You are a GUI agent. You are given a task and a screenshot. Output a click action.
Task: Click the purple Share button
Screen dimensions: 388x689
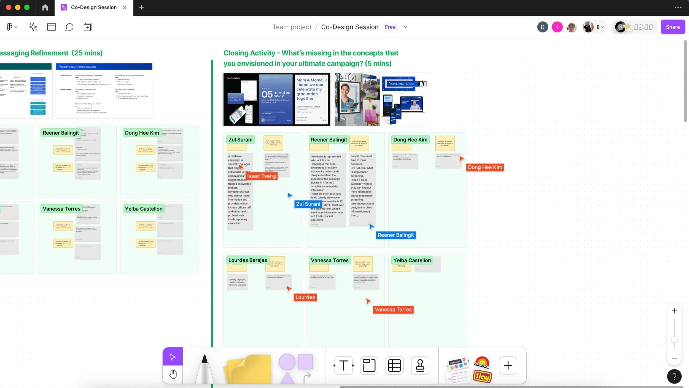click(x=672, y=27)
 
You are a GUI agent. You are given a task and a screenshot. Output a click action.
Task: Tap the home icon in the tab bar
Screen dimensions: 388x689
click(x=45, y=7)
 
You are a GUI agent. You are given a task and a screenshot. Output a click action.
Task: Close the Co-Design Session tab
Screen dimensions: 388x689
click(x=125, y=7)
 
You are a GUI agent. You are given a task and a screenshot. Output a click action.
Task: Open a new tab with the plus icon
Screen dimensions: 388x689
click(x=141, y=7)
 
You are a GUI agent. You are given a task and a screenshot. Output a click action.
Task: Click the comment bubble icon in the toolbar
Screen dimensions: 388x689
click(x=69, y=27)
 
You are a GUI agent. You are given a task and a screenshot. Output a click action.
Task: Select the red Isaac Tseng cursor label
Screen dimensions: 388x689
click(x=261, y=176)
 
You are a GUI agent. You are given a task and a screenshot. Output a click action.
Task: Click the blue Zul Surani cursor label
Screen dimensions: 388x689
click(x=308, y=204)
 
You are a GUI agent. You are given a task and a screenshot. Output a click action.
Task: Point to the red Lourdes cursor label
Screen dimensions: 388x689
click(x=305, y=297)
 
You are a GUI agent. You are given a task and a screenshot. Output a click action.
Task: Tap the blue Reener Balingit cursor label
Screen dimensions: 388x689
click(x=395, y=235)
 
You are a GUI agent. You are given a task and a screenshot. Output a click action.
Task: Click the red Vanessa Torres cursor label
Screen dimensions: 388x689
click(x=393, y=310)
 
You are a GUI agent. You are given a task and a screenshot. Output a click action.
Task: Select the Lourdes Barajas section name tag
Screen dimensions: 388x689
click(x=247, y=260)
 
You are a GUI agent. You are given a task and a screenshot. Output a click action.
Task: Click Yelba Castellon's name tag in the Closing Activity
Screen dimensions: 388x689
click(x=412, y=260)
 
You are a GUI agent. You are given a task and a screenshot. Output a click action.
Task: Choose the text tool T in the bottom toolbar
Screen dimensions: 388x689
click(x=343, y=365)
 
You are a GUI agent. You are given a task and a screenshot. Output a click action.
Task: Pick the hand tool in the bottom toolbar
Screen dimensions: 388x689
click(x=173, y=374)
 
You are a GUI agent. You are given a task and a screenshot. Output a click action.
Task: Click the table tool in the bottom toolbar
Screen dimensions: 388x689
click(x=394, y=365)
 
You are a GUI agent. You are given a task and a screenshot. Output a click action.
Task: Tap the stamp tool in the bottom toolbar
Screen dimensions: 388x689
click(x=420, y=365)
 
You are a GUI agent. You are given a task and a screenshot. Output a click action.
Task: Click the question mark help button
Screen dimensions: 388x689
click(x=674, y=376)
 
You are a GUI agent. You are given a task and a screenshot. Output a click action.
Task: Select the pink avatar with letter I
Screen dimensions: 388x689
click(x=557, y=27)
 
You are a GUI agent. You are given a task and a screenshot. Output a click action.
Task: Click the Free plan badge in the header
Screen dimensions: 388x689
click(x=390, y=27)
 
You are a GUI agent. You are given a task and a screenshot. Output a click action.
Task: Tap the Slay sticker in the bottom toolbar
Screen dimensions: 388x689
click(x=482, y=376)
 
